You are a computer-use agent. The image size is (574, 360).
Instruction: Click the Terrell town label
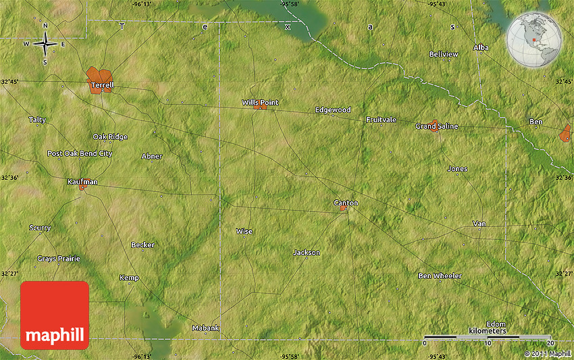pyautogui.click(x=102, y=86)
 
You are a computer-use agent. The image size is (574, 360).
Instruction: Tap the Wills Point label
pyautogui.click(x=259, y=103)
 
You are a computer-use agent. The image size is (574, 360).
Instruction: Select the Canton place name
pyautogui.click(x=346, y=203)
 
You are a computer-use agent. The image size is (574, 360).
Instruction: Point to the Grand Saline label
pyautogui.click(x=436, y=126)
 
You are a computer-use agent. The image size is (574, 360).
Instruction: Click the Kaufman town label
pyautogui.click(x=82, y=182)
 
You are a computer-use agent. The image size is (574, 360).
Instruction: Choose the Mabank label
pyautogui.click(x=205, y=328)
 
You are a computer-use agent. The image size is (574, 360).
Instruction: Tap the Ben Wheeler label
pyautogui.click(x=440, y=276)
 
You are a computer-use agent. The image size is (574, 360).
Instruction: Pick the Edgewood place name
pyautogui.click(x=333, y=110)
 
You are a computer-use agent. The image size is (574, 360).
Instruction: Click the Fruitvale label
pyautogui.click(x=381, y=120)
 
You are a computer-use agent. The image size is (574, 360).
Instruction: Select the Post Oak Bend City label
pyautogui.click(x=80, y=153)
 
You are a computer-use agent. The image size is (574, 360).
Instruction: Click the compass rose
pyautogui.click(x=45, y=45)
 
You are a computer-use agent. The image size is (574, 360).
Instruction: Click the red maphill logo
pyautogui.click(x=55, y=315)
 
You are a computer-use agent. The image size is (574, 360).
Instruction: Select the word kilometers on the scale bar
pyautogui.click(x=487, y=331)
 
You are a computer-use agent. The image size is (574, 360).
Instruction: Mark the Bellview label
pyautogui.click(x=444, y=54)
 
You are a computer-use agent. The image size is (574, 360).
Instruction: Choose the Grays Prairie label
pyautogui.click(x=59, y=259)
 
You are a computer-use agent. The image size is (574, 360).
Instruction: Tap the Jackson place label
pyautogui.click(x=306, y=253)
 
